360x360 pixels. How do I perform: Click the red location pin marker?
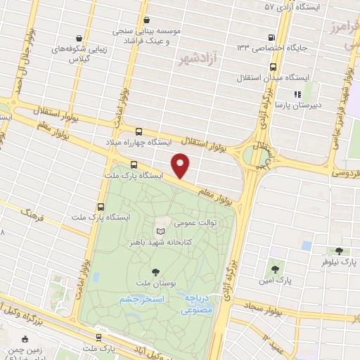coord(182,165)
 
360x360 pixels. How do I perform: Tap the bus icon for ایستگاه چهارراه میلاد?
coord(138,131)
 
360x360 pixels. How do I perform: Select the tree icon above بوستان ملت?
coord(155,271)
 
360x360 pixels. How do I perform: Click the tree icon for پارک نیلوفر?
coord(340,250)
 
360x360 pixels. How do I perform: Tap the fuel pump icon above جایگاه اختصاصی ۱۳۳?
coord(272,38)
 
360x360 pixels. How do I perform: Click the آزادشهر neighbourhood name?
coord(195,57)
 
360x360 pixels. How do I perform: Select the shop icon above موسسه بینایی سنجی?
coord(146,20)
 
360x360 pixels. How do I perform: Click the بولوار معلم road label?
coord(215,192)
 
